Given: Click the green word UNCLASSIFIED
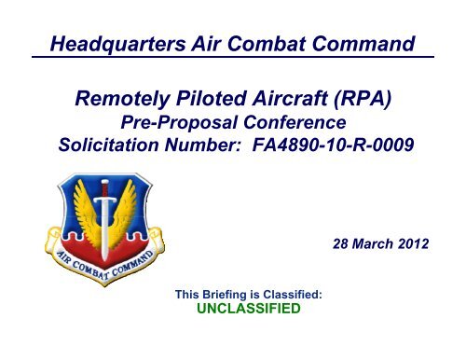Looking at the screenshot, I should [x=247, y=310].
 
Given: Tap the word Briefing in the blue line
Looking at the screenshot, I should [x=228, y=294].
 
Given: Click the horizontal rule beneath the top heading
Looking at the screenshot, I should [x=233, y=58].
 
